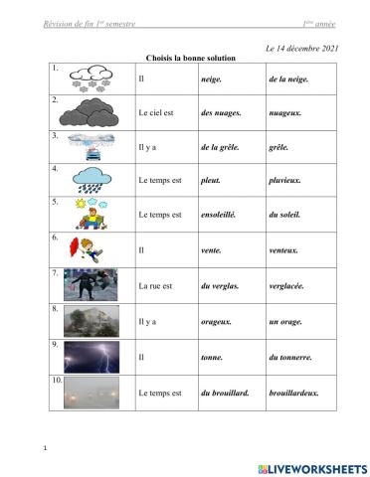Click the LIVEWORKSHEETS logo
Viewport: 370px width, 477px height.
[x=310, y=466]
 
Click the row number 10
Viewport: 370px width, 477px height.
[x=56, y=379]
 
